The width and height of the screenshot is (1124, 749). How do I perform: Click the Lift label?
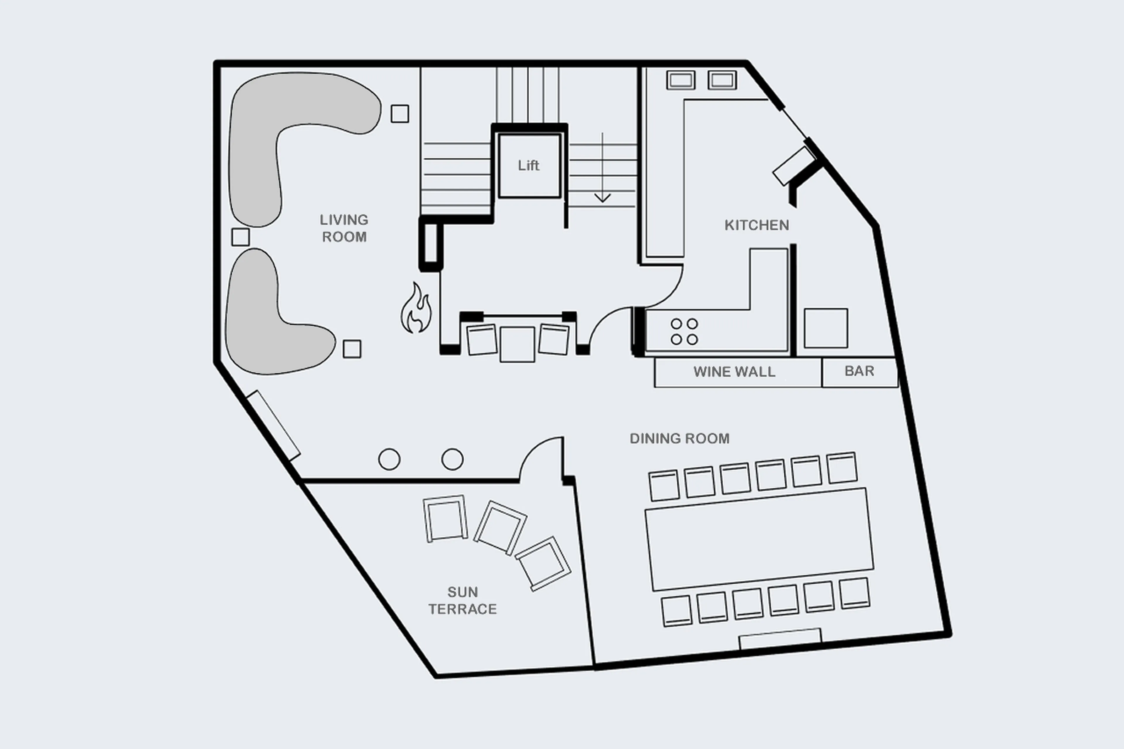click(528, 165)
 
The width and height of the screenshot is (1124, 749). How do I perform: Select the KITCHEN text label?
click(757, 225)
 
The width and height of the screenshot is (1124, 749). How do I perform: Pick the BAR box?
click(859, 372)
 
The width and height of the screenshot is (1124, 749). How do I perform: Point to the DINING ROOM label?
click(679, 438)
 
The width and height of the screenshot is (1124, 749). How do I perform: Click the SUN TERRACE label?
click(462, 600)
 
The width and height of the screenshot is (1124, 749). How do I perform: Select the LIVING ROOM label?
click(344, 228)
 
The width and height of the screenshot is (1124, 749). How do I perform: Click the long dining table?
click(759, 540)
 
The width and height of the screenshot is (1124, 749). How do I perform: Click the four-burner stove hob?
click(684, 332)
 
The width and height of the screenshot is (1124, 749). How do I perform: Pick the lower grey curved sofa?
click(268, 325)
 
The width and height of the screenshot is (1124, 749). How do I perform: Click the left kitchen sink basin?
click(681, 80)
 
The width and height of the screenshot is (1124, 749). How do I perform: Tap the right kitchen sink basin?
click(722, 80)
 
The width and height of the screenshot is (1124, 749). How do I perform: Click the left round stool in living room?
click(389, 460)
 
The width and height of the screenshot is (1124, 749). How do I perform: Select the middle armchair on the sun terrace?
click(500, 528)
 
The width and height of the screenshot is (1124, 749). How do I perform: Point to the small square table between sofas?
click(240, 237)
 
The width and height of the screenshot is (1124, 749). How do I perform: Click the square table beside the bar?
click(826, 328)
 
